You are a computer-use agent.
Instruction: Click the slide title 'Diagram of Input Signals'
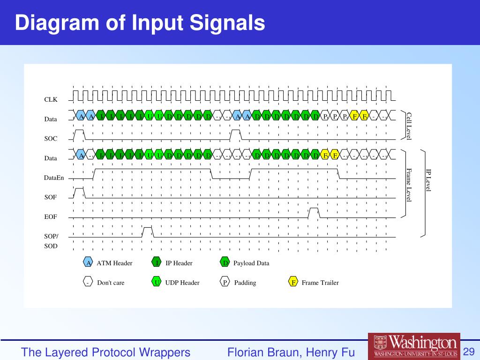pos(140,23)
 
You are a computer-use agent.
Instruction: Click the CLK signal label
pos(51,99)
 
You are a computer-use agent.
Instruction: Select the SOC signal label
pos(51,139)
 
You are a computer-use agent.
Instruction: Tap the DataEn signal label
pos(54,178)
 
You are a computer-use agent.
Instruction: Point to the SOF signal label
pos(51,197)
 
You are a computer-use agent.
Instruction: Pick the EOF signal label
pos(51,217)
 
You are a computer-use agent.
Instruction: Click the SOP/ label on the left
pos(51,236)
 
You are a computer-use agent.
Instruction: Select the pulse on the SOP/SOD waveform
pos(147,232)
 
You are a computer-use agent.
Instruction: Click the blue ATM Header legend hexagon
pos(88,263)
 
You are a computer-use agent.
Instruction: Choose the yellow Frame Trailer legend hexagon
pos(293,283)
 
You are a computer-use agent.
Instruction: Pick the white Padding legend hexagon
pos(225,283)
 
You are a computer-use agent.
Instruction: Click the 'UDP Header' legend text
pos(182,283)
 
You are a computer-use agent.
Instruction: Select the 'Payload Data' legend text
pos(251,263)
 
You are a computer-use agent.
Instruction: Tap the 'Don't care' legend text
pos(111,283)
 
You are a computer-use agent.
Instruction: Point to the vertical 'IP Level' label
pos(428,180)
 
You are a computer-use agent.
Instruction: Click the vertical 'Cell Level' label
pos(409,126)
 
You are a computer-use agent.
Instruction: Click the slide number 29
pos(469,352)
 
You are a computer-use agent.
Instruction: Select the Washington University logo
pos(414,346)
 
